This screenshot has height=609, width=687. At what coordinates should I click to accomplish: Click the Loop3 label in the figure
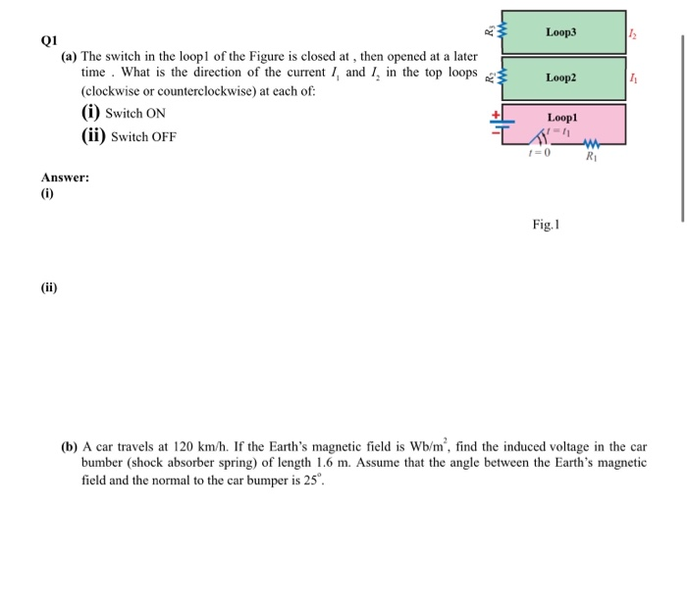(x=561, y=31)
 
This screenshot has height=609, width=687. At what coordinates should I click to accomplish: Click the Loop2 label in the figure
(x=561, y=76)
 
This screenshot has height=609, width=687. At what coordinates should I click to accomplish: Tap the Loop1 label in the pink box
(x=562, y=116)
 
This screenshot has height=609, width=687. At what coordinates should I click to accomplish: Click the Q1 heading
(x=50, y=41)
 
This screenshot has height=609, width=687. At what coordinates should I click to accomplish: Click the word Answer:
(x=65, y=178)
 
